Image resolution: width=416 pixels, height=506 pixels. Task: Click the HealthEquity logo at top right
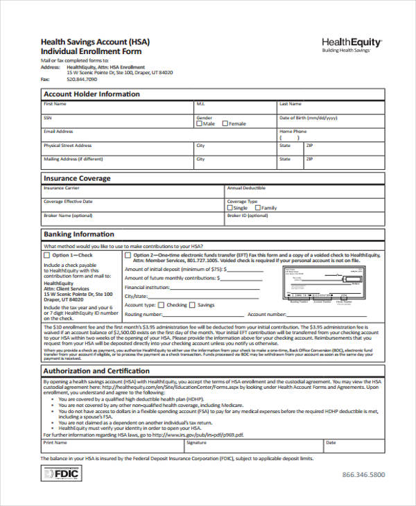point(352,45)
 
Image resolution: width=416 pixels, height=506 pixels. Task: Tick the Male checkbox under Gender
point(200,124)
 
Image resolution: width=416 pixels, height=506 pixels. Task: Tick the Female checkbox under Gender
point(225,124)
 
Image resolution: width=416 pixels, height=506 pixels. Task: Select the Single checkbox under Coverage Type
point(230,208)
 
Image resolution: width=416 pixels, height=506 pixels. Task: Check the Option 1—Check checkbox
point(47,255)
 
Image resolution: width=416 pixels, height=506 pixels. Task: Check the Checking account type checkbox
point(162,304)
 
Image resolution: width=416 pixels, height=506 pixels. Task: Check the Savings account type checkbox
point(193,304)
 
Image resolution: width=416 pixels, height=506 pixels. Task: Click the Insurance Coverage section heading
point(77,179)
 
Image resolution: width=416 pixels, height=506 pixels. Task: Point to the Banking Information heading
point(79,234)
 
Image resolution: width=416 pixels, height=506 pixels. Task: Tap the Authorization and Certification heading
point(95,371)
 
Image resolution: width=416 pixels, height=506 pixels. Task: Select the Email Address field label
point(58,131)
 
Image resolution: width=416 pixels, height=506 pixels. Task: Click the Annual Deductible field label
point(246,188)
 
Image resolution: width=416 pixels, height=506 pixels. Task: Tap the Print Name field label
point(55,442)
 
